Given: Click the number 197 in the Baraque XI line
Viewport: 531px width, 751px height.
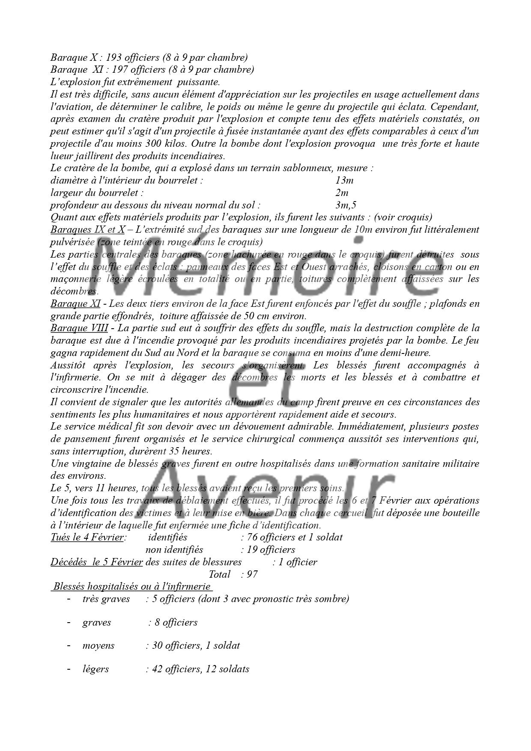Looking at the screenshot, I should click(x=119, y=69).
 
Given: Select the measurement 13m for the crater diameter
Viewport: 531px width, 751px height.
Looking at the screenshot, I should click(x=344, y=180).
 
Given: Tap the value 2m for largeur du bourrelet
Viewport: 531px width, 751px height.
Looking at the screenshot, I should click(x=342, y=193).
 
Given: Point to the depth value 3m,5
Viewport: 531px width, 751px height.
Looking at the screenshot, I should click(x=346, y=205).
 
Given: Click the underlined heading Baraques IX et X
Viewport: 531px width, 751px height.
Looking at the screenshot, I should click(x=87, y=230).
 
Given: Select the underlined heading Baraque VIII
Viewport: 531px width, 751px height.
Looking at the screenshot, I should click(x=79, y=328).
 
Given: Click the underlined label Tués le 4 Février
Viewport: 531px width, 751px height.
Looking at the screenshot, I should click(x=87, y=537).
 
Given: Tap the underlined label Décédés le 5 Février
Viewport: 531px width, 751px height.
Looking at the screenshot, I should click(x=96, y=562).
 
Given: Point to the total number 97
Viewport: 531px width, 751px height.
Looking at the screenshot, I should click(x=252, y=574).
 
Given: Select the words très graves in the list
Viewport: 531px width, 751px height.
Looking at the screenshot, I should click(x=106, y=599).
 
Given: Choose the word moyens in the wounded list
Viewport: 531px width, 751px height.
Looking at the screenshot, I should click(x=98, y=645).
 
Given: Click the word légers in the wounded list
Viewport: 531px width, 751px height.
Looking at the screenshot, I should click(x=95, y=669).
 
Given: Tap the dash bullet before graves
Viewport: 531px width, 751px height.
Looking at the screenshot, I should click(x=69, y=622).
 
